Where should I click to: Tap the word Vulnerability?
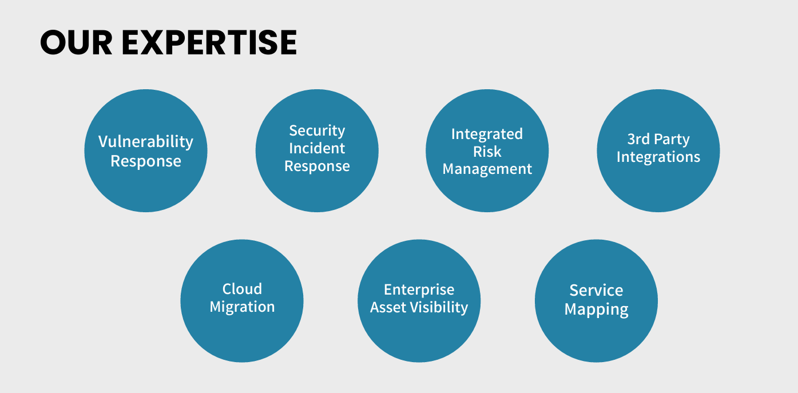pos(146,142)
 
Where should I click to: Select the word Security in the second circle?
pos(317,131)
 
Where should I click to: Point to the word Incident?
pos(317,149)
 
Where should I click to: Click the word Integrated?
pos(487,134)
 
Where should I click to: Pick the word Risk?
pos(487,152)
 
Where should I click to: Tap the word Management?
pos(487,169)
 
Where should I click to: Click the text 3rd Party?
pos(658,140)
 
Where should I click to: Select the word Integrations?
pos(658,157)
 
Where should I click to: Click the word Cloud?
pos(242,289)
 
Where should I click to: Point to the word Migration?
pos(242,307)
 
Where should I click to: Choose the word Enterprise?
pos(419,289)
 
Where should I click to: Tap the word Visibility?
pos(441,308)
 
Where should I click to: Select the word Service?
pos(596,291)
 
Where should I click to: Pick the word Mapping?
pos(596,310)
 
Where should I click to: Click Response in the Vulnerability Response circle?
pos(146,161)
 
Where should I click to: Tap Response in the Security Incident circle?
pos(317,166)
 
